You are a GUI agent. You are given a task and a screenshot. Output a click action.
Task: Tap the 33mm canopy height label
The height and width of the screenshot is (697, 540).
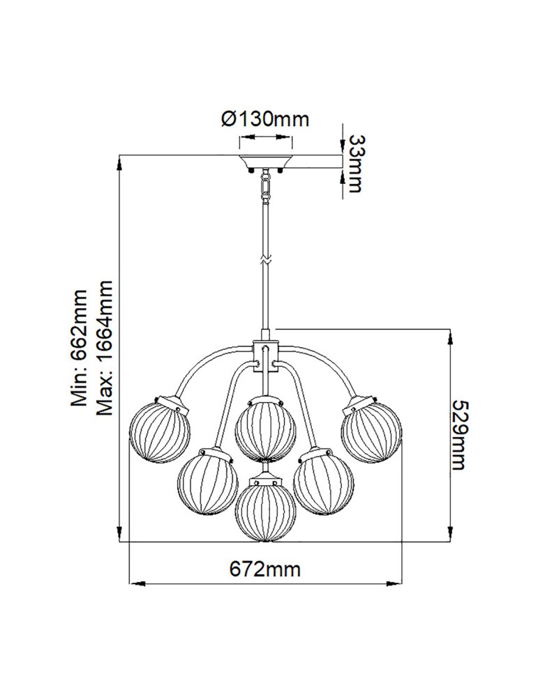(354, 164)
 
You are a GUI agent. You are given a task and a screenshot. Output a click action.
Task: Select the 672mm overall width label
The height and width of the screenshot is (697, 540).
(265, 569)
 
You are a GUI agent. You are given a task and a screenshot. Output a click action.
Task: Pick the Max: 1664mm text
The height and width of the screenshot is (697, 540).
(104, 348)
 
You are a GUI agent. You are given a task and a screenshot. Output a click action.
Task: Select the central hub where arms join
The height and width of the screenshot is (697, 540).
(265, 353)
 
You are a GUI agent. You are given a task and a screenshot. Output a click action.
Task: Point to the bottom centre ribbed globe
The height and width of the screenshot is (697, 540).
(265, 510)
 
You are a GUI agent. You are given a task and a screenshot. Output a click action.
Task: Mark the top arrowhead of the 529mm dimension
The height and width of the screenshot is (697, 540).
(448, 333)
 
